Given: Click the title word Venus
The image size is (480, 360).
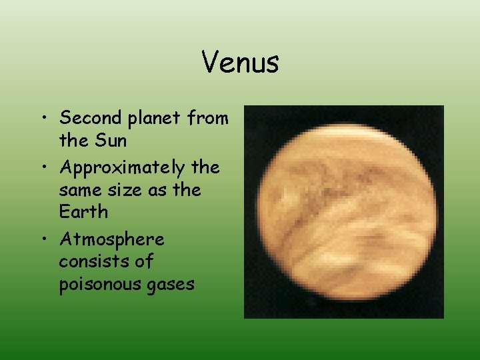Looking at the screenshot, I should [240, 63].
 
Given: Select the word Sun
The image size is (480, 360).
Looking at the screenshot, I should [110, 141].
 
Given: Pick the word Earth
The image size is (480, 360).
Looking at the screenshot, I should [83, 212].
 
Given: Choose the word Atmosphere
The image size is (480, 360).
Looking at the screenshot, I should [111, 239].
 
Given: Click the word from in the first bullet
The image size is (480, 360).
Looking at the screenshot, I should [209, 118].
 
